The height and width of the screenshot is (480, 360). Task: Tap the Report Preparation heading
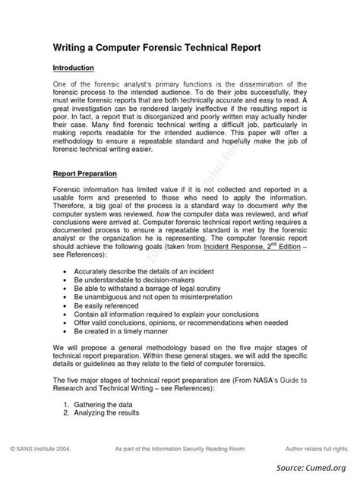click(85, 174)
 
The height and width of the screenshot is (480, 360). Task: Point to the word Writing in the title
click(72, 47)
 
